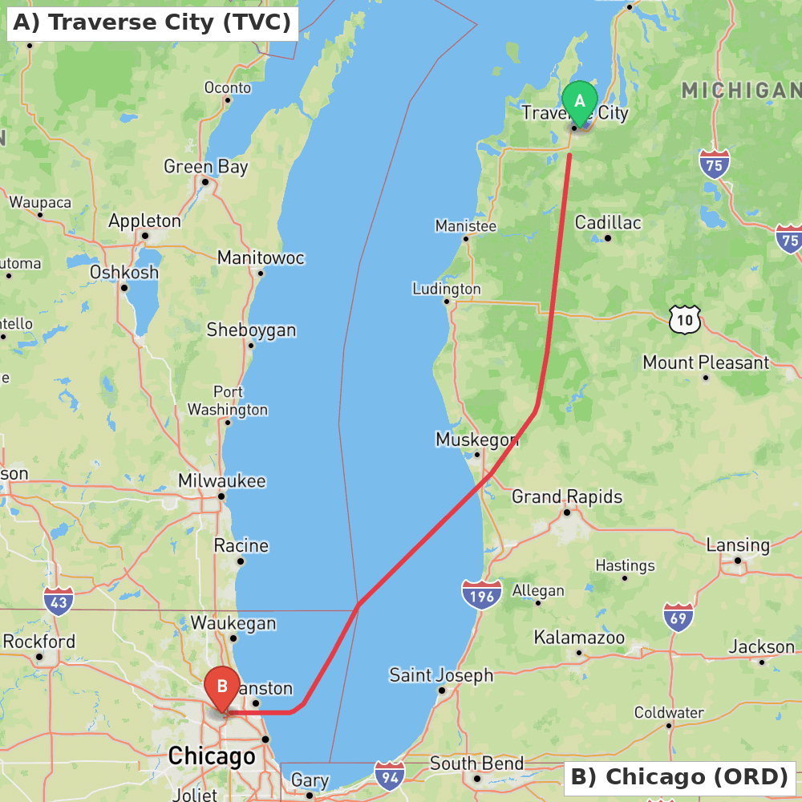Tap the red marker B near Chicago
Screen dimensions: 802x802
pyautogui.click(x=222, y=687)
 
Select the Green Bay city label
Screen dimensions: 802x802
pyautogui.click(x=205, y=167)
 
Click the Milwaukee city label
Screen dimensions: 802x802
pyautogui.click(x=221, y=481)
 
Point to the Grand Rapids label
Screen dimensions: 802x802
pyautogui.click(x=567, y=497)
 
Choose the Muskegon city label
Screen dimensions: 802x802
pyautogui.click(x=476, y=439)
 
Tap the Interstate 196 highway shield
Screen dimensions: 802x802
pyautogui.click(x=481, y=595)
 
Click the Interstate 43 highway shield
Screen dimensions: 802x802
pyautogui.click(x=59, y=601)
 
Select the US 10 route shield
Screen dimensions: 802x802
pyautogui.click(x=684, y=320)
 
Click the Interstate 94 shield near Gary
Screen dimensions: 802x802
pyautogui.click(x=389, y=776)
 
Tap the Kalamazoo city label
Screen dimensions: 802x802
pyautogui.click(x=579, y=638)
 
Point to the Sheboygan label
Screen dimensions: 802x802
pyautogui.click(x=251, y=330)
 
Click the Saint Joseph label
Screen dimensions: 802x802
pyautogui.click(x=441, y=675)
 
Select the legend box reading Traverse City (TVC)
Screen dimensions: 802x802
pyautogui.click(x=152, y=23)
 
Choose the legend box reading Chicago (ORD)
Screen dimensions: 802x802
pyautogui.click(x=679, y=777)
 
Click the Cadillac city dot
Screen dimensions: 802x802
pyautogui.click(x=608, y=238)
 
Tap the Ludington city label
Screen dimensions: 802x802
pyautogui.click(x=447, y=289)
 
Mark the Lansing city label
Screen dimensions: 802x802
pyautogui.click(x=738, y=545)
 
